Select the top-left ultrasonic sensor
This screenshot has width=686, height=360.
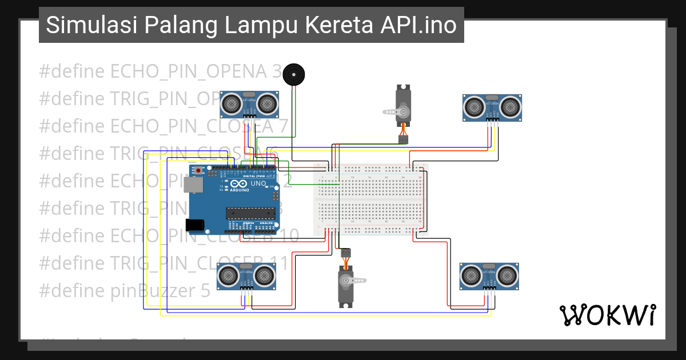click(x=249, y=103)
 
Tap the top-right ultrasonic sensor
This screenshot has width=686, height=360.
click(x=492, y=106)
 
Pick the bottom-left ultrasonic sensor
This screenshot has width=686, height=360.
click(x=246, y=277)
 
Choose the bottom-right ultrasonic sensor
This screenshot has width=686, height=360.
click(x=489, y=277)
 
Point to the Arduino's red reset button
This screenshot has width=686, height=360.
click(x=198, y=171)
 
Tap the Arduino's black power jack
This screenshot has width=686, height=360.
click(x=195, y=225)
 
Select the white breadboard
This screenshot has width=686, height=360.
click(x=371, y=200)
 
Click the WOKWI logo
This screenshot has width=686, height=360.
click(x=607, y=315)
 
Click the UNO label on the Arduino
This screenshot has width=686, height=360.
click(x=258, y=184)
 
